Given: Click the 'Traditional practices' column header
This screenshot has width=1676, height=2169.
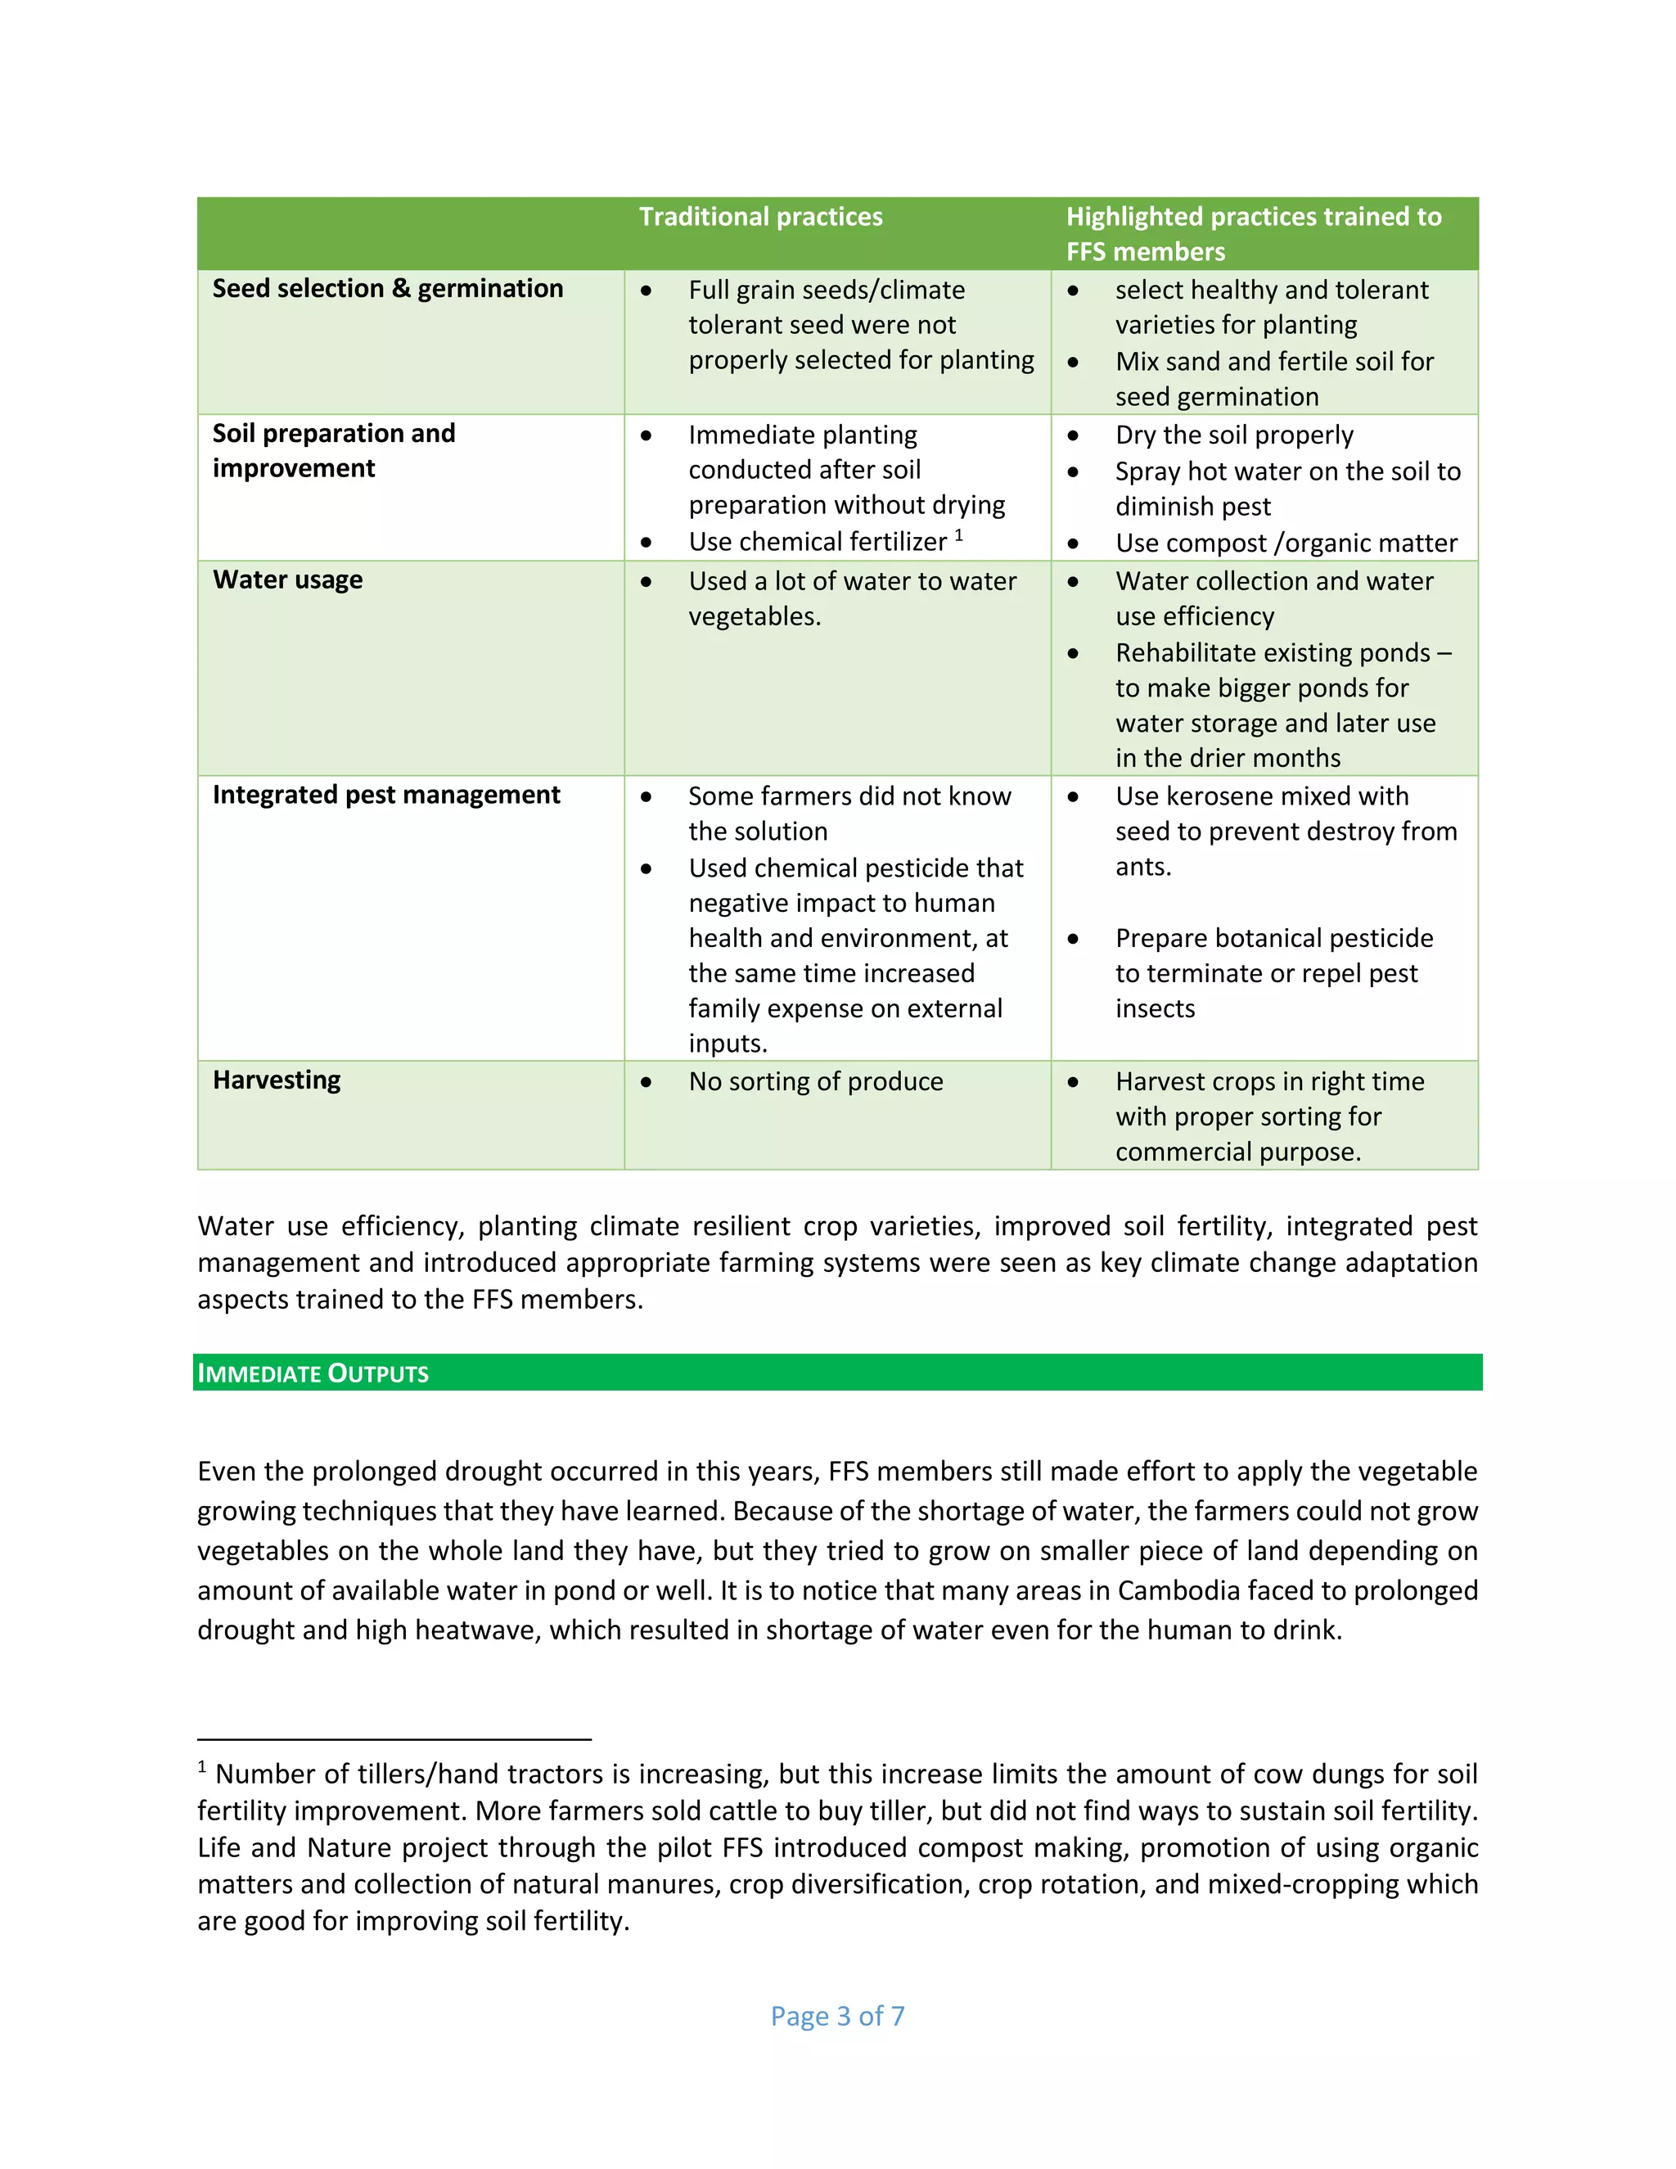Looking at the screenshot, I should pyautogui.click(x=759, y=217).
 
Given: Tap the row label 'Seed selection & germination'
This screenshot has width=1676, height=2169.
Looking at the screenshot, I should pyautogui.click(x=387, y=288).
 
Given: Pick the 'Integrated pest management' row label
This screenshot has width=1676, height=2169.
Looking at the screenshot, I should pyautogui.click(x=385, y=795).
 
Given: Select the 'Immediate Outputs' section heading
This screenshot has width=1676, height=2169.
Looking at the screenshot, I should pyautogui.click(x=313, y=1373).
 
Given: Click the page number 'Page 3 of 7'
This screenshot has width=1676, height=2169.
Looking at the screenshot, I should pyautogui.click(x=837, y=2016).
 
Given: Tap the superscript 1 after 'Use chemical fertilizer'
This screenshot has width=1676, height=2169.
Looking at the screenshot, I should pyautogui.click(x=958, y=535).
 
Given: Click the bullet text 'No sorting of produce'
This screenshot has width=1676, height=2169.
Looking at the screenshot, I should pyautogui.click(x=815, y=1081).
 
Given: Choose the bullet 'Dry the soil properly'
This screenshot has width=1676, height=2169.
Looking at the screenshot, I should pyautogui.click(x=1233, y=435).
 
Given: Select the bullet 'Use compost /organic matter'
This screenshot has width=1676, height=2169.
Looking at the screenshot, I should pyautogui.click(x=1286, y=543).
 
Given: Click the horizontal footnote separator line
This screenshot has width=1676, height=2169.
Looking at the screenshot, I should pyautogui.click(x=394, y=1740).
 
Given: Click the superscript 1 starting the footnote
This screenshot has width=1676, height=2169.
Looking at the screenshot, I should pyautogui.click(x=203, y=1767).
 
